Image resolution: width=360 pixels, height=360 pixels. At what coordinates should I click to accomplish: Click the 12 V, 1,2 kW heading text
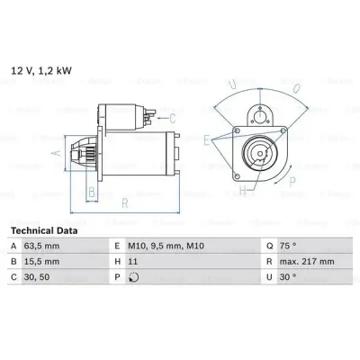(x=41, y=71)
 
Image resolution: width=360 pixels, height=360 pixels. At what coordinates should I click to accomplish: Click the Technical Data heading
(x=44, y=230)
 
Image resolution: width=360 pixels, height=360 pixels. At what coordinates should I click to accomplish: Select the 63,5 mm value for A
(x=41, y=246)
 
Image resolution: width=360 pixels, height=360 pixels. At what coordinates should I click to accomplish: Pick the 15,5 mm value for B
(x=41, y=262)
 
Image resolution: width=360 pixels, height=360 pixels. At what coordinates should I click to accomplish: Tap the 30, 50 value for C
(x=37, y=277)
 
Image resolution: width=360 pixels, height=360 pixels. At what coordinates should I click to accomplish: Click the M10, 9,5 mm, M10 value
(x=166, y=247)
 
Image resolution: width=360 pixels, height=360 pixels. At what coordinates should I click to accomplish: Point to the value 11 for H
(x=132, y=262)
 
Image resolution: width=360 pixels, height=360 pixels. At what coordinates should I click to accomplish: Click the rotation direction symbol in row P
(x=133, y=277)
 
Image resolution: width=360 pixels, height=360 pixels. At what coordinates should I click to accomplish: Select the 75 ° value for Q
(x=288, y=246)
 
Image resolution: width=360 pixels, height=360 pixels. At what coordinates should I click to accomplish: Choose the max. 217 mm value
(x=307, y=262)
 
